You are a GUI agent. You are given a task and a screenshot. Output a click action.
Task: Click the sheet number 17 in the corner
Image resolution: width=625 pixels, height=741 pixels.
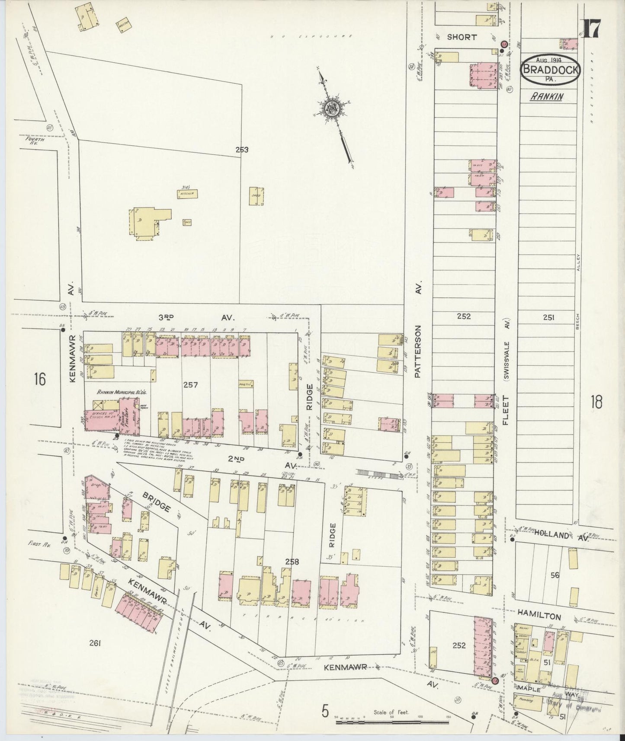point(591,29)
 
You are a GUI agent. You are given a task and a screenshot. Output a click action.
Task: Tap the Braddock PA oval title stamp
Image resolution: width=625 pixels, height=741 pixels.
point(550,69)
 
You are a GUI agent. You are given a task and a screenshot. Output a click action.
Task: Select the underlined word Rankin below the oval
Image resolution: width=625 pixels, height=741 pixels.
point(547,97)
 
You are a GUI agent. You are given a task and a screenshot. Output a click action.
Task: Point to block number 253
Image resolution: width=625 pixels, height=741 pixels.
point(242,150)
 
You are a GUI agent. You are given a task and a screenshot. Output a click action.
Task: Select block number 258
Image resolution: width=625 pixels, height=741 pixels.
point(292,562)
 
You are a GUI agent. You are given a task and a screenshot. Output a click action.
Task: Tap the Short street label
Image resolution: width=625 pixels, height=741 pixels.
point(462,38)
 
